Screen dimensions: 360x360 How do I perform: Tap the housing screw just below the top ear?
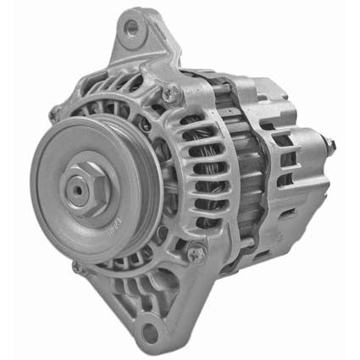pos(171,92)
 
